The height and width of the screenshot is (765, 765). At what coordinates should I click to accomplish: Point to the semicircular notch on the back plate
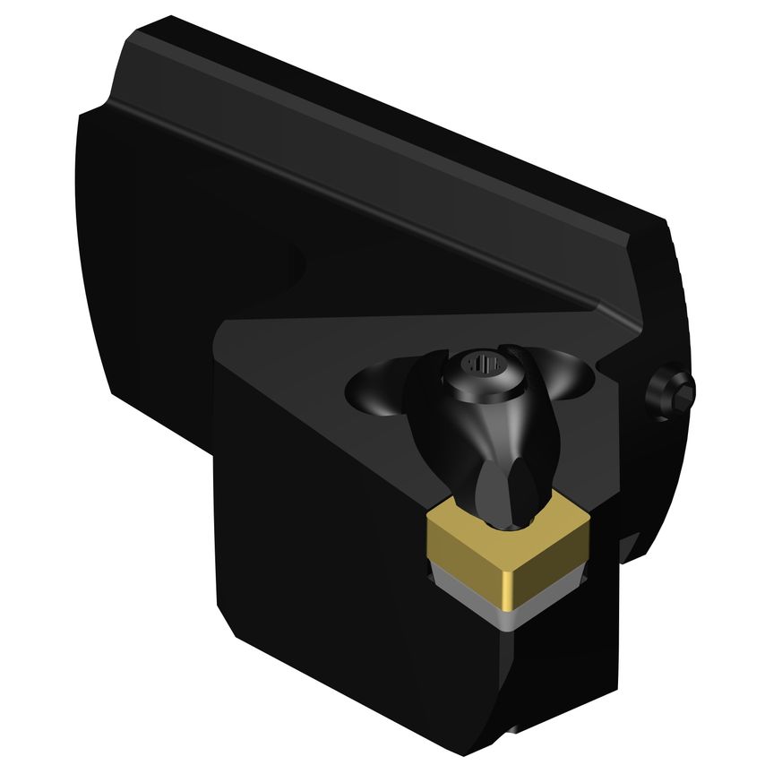click(x=291, y=264)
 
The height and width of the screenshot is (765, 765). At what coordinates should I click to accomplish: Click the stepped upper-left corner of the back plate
click(x=107, y=99)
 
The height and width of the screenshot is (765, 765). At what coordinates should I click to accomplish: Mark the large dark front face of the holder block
click(x=340, y=537)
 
